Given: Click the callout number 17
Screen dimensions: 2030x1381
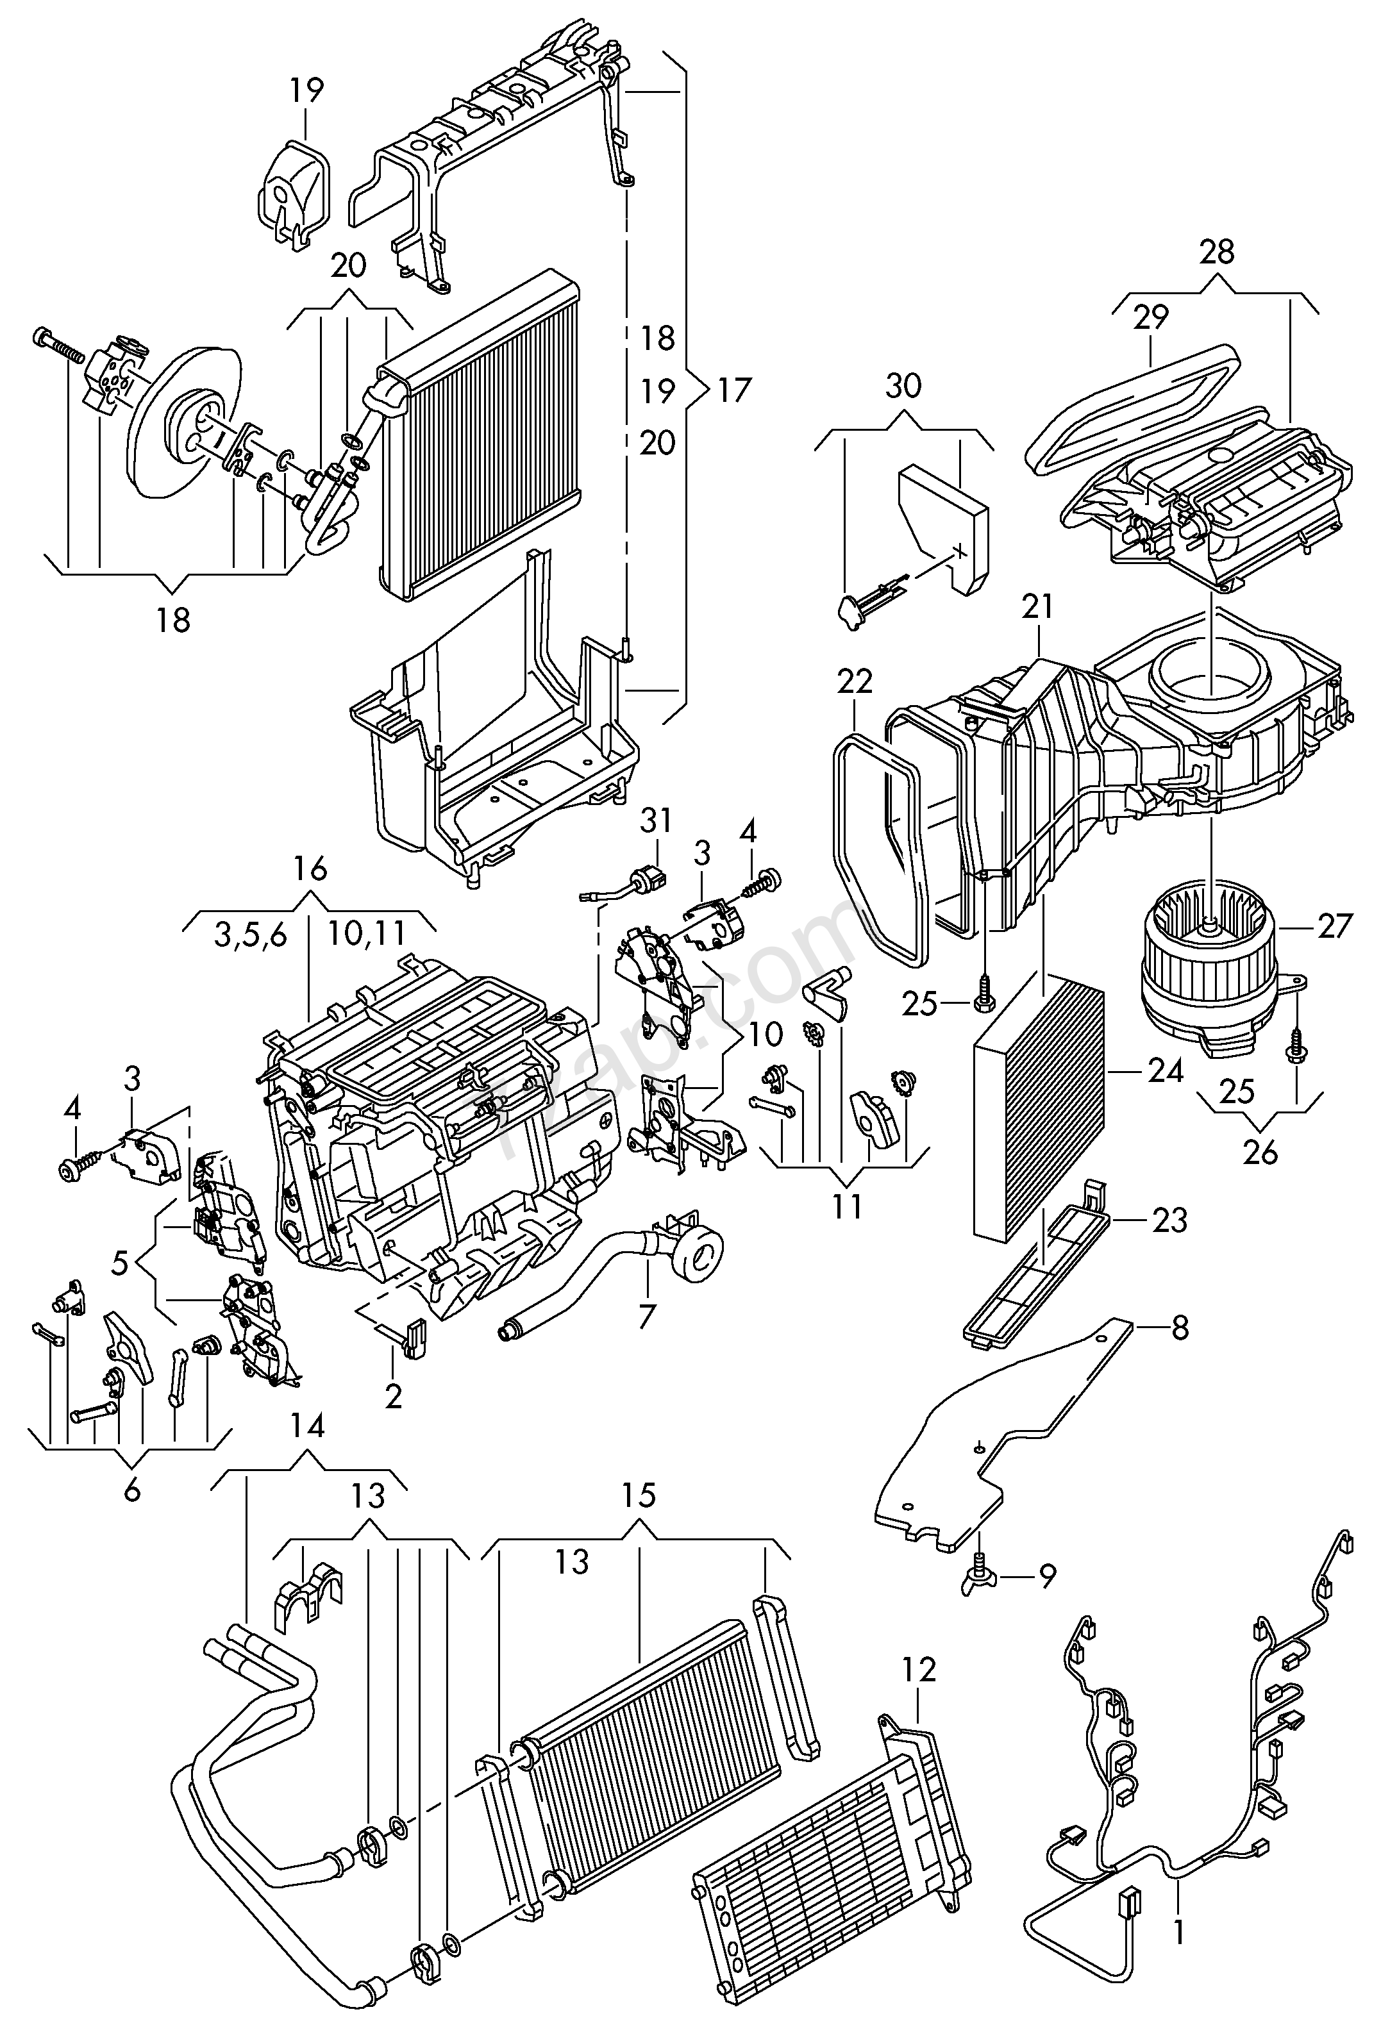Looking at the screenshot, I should click(x=733, y=390).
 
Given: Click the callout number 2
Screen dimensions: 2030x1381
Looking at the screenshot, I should click(x=393, y=1396).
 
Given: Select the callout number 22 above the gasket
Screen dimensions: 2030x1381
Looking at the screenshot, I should click(x=854, y=681).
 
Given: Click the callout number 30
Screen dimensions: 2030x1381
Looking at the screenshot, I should click(x=903, y=385).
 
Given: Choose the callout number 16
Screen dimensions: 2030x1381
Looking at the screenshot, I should click(x=310, y=869).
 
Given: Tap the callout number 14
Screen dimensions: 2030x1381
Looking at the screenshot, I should click(x=308, y=1426).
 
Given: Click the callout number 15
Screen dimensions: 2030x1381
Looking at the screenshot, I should click(x=639, y=1495).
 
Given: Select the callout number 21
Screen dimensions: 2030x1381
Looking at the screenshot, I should click(x=1038, y=606).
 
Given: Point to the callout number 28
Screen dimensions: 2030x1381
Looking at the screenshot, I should click(x=1217, y=253).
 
